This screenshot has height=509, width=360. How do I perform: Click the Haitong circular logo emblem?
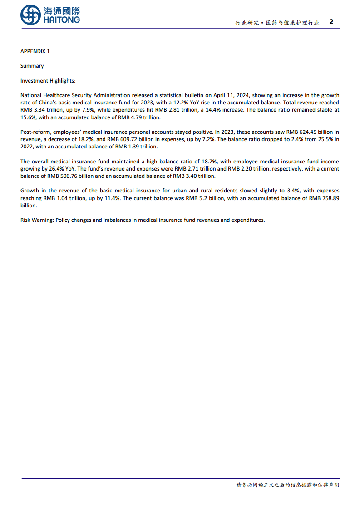[x=31, y=15]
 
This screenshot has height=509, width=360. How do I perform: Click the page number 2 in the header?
[x=331, y=22]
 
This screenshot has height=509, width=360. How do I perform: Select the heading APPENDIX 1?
[x=35, y=51]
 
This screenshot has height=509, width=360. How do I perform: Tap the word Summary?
[x=32, y=66]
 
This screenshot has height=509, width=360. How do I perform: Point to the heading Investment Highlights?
[x=48, y=81]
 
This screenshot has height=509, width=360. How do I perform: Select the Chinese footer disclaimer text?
[x=287, y=485]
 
